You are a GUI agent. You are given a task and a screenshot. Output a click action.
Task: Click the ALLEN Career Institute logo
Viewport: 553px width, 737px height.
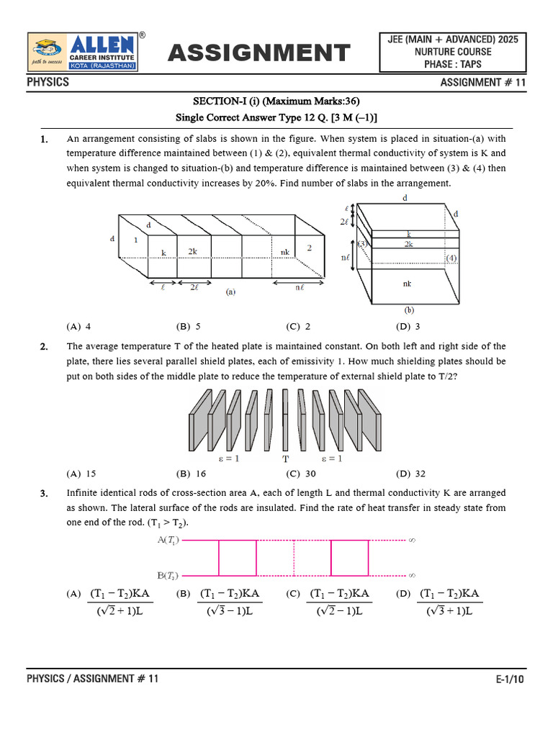click(x=84, y=53)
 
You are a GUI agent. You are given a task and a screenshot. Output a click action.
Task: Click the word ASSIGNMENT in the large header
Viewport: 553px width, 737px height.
click(x=259, y=53)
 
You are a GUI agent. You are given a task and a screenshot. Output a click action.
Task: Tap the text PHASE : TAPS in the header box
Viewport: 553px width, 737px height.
click(x=453, y=64)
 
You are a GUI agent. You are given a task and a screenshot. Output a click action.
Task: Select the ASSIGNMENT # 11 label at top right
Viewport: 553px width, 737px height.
click(x=483, y=83)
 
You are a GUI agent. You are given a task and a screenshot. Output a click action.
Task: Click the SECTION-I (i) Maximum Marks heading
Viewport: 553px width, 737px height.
click(x=277, y=101)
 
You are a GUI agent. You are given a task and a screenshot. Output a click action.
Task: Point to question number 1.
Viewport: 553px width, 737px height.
click(x=45, y=139)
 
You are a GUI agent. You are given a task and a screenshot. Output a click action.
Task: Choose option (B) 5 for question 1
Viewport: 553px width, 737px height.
click(x=188, y=326)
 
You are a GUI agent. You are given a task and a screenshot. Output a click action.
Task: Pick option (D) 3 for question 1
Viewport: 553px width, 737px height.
click(x=408, y=326)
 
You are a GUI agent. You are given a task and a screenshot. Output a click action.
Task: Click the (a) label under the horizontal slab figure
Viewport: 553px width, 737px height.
click(x=231, y=292)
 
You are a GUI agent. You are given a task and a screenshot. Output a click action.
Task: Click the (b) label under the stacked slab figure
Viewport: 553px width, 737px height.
click(x=409, y=311)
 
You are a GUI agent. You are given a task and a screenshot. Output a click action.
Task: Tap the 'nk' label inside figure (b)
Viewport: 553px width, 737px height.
click(x=408, y=284)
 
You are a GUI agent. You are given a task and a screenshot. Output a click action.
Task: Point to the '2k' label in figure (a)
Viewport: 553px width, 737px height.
click(x=193, y=252)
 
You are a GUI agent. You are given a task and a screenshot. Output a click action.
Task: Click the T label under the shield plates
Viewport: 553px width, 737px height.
click(x=285, y=458)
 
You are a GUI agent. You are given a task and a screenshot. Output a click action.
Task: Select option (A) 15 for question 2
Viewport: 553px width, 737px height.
click(x=81, y=474)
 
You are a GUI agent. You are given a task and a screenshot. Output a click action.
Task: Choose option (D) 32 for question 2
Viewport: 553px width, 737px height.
click(x=410, y=474)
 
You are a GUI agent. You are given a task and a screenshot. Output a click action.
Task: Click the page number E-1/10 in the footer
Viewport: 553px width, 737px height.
click(x=511, y=679)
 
